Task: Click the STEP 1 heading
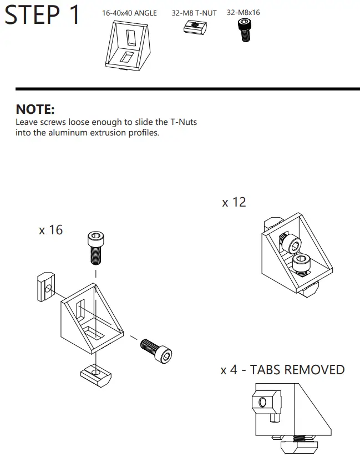click(x=43, y=15)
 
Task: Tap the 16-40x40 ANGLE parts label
click(x=129, y=13)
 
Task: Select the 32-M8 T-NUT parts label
click(x=194, y=13)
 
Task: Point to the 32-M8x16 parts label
click(x=244, y=12)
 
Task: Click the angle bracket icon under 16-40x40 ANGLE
click(x=129, y=48)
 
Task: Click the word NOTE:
click(x=35, y=109)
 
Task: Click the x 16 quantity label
click(x=50, y=229)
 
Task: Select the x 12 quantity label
click(x=234, y=202)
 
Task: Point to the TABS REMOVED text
click(x=297, y=370)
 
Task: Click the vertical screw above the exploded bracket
click(x=95, y=247)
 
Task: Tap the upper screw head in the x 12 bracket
click(x=291, y=244)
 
